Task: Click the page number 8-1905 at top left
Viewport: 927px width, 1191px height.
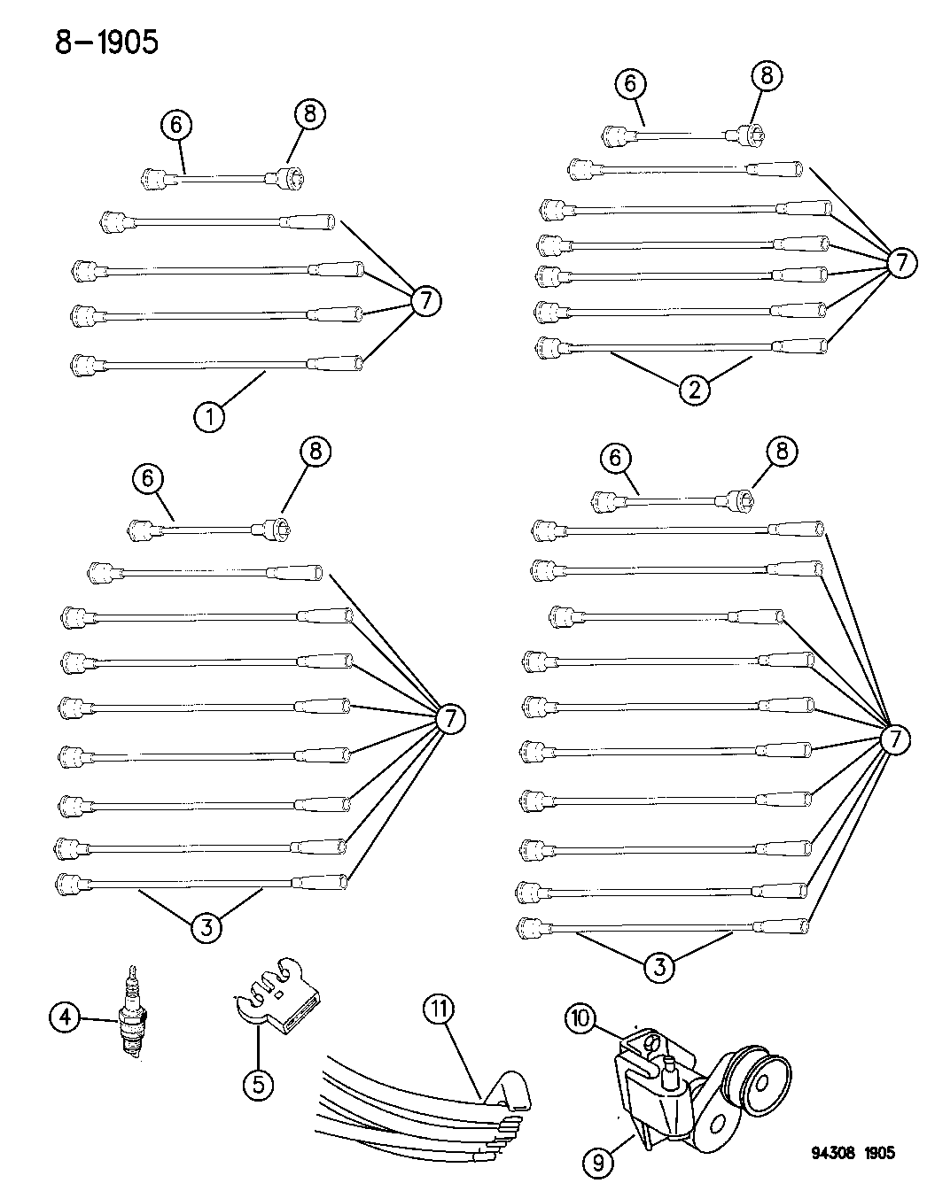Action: point(106,43)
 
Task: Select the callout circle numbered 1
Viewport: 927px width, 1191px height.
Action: point(209,417)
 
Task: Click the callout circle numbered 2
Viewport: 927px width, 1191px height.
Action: point(695,391)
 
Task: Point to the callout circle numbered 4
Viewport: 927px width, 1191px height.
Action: point(66,1017)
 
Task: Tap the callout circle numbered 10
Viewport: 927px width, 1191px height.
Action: point(580,1018)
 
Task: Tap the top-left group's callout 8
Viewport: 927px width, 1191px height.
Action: point(310,114)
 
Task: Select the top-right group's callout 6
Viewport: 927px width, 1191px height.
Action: point(630,84)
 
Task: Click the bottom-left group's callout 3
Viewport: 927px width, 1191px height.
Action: point(206,927)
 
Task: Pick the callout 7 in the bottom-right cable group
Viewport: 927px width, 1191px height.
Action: point(895,740)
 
